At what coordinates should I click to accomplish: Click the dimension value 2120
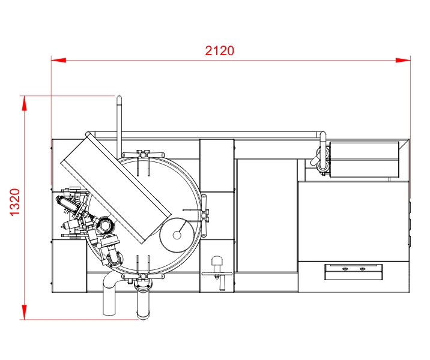point(220,51)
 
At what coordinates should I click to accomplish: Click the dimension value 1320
point(15,202)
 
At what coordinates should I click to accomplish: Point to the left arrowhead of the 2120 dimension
point(58,60)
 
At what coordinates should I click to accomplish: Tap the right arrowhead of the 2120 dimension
point(403,60)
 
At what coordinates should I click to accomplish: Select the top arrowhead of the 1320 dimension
point(25,103)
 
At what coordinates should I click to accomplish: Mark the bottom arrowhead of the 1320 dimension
point(25,312)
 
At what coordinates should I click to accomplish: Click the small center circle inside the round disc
point(177,235)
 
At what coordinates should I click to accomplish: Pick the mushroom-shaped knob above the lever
point(217,261)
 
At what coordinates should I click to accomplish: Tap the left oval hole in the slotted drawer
point(345,269)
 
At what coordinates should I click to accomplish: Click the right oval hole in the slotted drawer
point(363,269)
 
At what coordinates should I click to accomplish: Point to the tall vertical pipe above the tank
point(120,127)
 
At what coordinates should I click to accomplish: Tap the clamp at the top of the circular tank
point(143,155)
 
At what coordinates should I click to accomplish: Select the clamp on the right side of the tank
point(204,216)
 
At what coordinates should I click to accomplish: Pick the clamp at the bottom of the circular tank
point(143,276)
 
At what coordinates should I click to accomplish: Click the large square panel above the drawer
point(353,221)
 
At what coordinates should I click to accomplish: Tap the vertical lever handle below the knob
point(222,282)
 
